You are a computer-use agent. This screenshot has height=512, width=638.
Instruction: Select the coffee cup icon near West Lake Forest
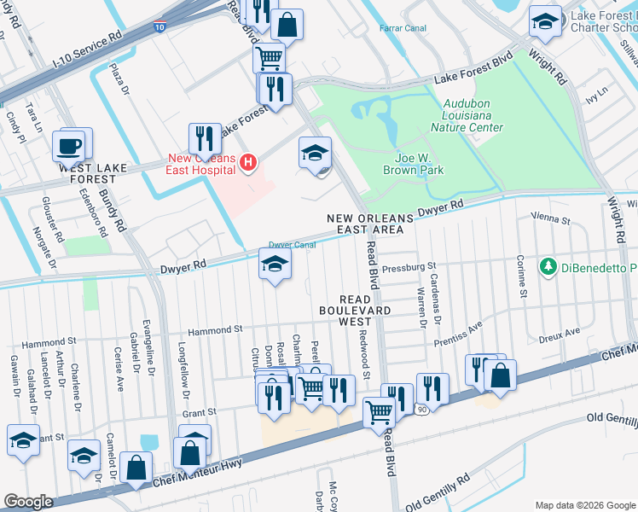68,145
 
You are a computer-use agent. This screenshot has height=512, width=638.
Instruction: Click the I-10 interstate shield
161,28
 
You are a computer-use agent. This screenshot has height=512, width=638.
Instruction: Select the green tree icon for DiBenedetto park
548,267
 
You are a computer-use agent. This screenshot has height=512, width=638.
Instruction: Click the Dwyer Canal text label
293,245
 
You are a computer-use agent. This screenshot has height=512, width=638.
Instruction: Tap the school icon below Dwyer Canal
274,265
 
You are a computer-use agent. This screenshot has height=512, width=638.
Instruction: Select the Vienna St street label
550,219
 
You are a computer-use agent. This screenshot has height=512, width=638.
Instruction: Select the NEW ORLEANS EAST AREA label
371,224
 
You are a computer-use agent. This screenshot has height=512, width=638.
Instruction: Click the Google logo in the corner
28,502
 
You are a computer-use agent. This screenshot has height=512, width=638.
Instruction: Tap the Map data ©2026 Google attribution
585,505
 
